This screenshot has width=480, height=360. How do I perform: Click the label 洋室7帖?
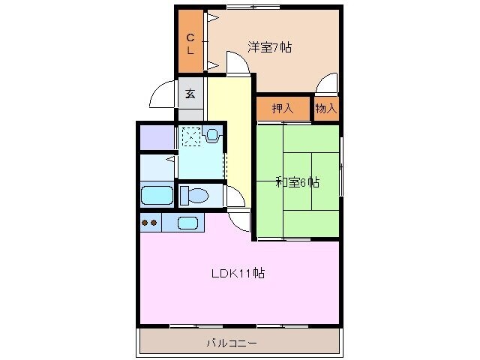click(x=270, y=47)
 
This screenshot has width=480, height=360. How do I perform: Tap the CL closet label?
click(x=190, y=43)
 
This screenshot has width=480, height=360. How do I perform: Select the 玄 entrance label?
click(x=190, y=94)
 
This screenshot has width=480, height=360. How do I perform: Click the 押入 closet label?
click(x=282, y=109)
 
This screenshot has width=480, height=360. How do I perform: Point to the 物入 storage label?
click(x=326, y=109)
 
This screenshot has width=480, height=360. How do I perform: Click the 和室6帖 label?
click(x=297, y=182)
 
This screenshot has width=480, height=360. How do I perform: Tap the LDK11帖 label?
click(x=237, y=273)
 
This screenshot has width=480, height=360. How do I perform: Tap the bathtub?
click(x=157, y=196)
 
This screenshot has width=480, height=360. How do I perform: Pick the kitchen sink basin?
click(x=187, y=223)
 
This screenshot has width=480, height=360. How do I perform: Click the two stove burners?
click(x=149, y=222)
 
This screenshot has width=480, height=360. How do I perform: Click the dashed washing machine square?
click(x=190, y=136)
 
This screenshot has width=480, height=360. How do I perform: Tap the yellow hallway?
click(x=228, y=135)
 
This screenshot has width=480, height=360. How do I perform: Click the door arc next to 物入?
click(x=327, y=85)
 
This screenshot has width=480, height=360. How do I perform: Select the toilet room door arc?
click(x=235, y=197)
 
